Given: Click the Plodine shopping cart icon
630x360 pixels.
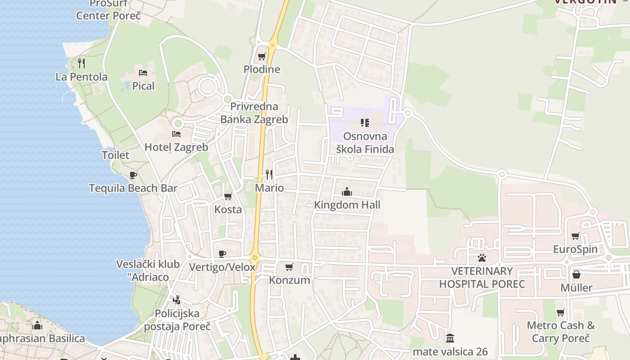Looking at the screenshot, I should tap(261, 57).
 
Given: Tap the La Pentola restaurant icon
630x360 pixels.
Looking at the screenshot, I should tap(81, 63).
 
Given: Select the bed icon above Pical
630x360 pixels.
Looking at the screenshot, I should tap(143, 72).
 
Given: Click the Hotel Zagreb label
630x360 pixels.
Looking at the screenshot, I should tap(176, 147).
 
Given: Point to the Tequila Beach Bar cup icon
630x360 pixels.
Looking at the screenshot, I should tap(133, 175).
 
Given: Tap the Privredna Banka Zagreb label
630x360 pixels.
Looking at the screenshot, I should tap(254, 113).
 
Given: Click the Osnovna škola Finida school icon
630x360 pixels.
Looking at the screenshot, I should tap(365, 122).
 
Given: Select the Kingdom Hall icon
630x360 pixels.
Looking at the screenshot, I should tap(347, 192).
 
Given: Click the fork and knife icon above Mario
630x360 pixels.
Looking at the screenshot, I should tap(269, 174).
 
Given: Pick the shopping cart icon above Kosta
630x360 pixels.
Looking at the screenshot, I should tap(228, 196).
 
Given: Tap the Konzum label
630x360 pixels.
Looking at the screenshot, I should tap(289, 280).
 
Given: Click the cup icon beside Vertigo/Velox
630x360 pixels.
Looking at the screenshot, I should tap(222, 254).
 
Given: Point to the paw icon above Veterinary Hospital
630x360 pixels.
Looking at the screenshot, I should tap(482, 258).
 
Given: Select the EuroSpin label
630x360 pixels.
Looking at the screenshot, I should tap(575, 249).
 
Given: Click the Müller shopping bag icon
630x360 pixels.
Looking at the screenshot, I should tap(576, 274).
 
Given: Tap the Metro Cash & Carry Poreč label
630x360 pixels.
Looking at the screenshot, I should tap(561, 332).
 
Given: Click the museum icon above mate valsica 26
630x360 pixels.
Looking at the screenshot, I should tap(450, 338).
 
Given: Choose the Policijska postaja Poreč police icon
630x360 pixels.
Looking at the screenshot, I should tap(177, 300).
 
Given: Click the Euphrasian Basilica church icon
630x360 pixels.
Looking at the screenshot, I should tap(37, 325).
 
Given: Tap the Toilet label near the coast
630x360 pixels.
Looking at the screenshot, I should tap(115, 155).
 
